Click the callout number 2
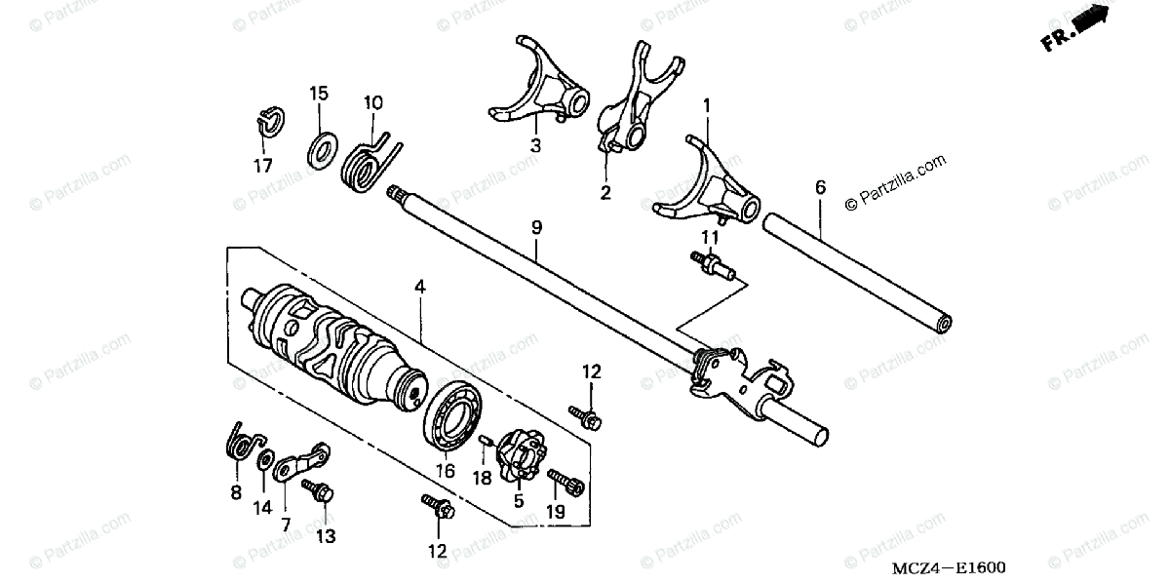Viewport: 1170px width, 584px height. point(605,193)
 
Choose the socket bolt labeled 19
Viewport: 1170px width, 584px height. point(567,480)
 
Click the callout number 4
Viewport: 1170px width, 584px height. point(419,287)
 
